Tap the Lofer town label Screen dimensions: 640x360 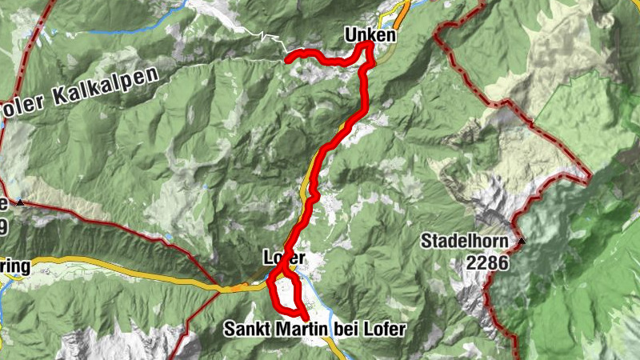point(284,258)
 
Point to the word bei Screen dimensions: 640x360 point(339,329)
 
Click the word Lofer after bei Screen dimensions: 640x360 point(380,329)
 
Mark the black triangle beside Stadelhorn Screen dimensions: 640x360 point(522,240)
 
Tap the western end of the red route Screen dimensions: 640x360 point(288,57)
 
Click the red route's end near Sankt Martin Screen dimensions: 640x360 point(305,318)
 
